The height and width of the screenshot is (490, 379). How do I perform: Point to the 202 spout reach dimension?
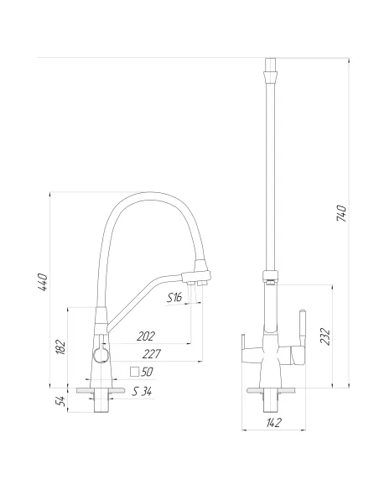pyautogui.click(x=147, y=336)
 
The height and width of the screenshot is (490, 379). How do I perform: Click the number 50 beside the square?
pyautogui.click(x=148, y=372)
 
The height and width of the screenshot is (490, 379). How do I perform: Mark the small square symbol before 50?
pyautogui.click(x=133, y=372)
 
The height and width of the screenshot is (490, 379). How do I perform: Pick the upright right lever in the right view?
pyautogui.click(x=303, y=322)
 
